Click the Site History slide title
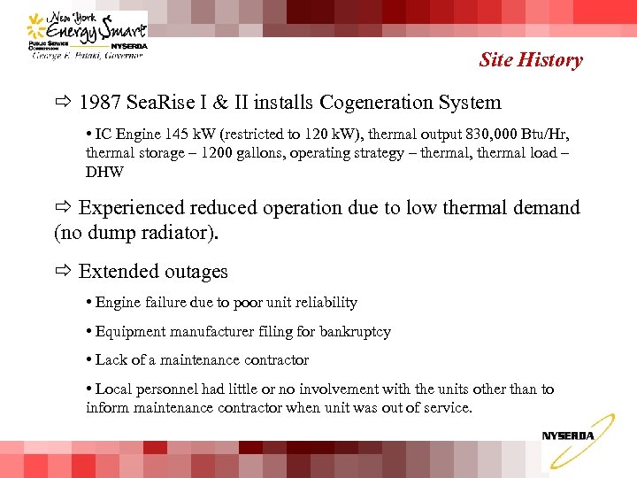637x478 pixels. click(531, 60)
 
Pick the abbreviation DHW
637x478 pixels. click(104, 172)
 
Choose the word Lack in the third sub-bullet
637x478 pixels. click(111, 360)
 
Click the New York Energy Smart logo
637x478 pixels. click(87, 35)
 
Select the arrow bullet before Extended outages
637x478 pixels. click(63, 272)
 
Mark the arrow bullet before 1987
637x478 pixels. click(63, 103)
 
